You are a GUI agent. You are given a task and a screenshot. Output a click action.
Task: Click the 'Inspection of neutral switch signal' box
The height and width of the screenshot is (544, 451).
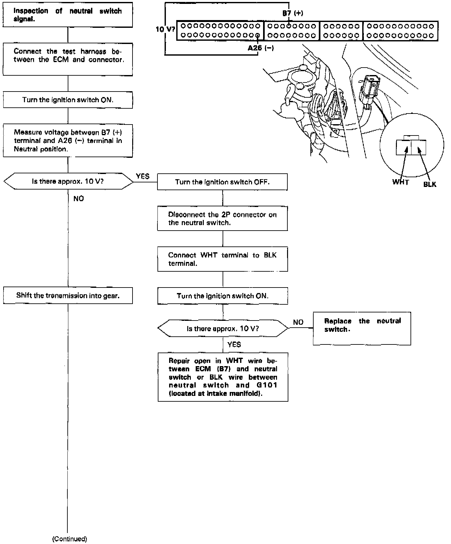(x=68, y=15)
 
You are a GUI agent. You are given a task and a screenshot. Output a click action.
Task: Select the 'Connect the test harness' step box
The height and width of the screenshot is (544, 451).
(x=68, y=59)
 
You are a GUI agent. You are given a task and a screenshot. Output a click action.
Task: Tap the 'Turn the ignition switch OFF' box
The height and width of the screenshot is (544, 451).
(x=222, y=182)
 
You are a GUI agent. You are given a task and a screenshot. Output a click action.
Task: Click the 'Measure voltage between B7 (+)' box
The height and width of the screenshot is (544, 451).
(x=68, y=141)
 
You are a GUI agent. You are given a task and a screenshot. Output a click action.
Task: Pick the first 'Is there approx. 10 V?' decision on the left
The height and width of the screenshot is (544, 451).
(x=68, y=181)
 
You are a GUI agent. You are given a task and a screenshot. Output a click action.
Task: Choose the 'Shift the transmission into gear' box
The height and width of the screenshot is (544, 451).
(x=68, y=296)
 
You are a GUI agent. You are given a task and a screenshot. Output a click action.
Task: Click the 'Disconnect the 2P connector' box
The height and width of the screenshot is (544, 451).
(x=222, y=219)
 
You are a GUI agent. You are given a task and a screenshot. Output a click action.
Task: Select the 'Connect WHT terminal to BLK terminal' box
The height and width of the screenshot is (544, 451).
(x=222, y=259)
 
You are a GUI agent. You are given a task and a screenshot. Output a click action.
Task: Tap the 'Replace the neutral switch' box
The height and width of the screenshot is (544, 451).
(x=362, y=328)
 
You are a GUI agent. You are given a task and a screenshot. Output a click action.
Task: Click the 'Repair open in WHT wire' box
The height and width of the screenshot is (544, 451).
(x=223, y=377)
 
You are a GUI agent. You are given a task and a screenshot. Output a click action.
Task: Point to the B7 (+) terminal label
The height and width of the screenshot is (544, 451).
(x=293, y=13)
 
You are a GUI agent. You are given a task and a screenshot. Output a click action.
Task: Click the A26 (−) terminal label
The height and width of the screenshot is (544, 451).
(x=260, y=48)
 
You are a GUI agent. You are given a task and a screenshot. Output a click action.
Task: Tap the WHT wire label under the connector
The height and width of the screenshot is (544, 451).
(x=400, y=182)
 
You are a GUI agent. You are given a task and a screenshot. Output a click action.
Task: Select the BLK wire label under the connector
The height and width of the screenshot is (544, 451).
(x=430, y=184)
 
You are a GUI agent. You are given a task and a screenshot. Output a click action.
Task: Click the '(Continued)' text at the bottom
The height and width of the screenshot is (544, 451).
(x=70, y=539)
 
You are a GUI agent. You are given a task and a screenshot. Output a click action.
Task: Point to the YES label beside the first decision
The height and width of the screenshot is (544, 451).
(x=143, y=176)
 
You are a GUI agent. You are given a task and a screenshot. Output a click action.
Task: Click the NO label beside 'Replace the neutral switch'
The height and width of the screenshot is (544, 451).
(x=298, y=322)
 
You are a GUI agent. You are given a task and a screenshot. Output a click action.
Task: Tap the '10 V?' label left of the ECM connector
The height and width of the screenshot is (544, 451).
(x=165, y=29)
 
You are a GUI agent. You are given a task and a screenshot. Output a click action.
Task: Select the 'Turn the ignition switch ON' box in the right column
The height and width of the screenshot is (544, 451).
(x=223, y=296)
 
